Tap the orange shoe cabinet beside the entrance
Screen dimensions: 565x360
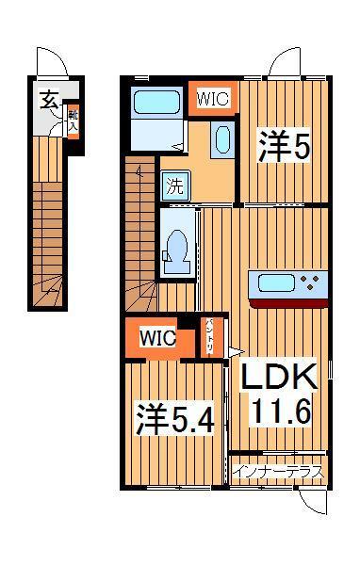(x=73, y=120)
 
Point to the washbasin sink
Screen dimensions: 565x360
(x=221, y=141)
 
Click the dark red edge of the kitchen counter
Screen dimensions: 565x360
(x=288, y=302)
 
